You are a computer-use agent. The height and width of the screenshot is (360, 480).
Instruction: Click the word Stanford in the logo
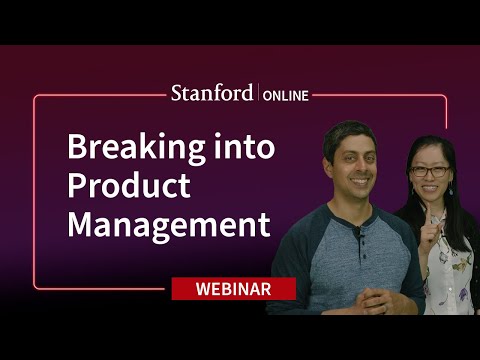[x=212, y=94]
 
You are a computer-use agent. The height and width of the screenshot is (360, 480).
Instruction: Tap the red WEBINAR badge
[x=233, y=289]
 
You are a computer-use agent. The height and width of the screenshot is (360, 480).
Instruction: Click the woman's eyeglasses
[x=430, y=171]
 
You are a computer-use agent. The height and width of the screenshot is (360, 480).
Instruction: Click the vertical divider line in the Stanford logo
[x=257, y=94]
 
